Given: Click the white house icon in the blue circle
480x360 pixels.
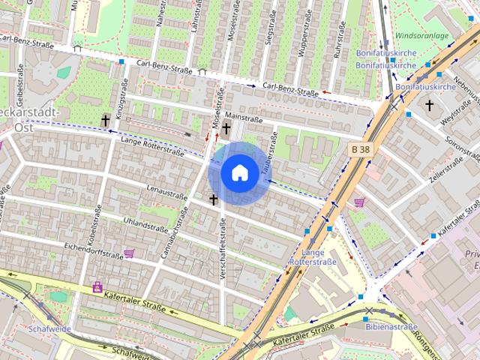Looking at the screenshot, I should pyautogui.click(x=239, y=172).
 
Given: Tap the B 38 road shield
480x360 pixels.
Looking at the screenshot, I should pyautogui.click(x=361, y=149).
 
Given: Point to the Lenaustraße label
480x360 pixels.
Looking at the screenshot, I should pyautogui.click(x=166, y=194).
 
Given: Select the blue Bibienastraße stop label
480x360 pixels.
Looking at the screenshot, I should pyautogui.click(x=391, y=328).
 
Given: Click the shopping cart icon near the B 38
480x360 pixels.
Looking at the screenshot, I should pyautogui.click(x=359, y=202).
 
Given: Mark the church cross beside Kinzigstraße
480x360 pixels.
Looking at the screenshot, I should pyautogui.click(x=106, y=120).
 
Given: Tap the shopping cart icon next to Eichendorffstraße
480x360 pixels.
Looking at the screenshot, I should pyautogui.click(x=129, y=253).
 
